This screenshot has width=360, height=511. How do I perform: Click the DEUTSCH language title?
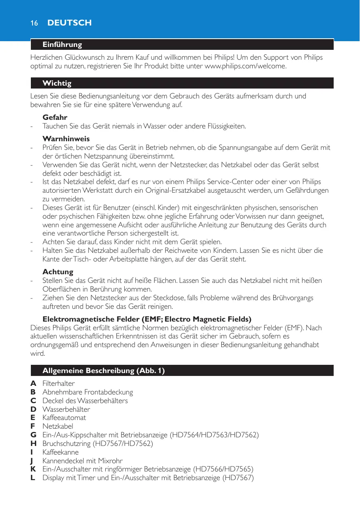point(70,23)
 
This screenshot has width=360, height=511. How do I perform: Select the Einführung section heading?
point(62,44)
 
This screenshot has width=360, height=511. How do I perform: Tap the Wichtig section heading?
point(57,84)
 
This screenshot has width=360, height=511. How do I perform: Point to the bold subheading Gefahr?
point(55,117)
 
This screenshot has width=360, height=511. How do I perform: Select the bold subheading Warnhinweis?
point(66,139)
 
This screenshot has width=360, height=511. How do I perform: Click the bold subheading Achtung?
point(58,272)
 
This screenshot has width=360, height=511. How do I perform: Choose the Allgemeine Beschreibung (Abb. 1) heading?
point(104,371)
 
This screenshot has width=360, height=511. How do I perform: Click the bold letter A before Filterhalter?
point(33,383)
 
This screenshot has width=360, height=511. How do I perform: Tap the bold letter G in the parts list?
point(33,435)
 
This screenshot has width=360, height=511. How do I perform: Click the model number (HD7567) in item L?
point(239,478)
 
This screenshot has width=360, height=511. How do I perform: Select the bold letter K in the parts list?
point(33,469)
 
